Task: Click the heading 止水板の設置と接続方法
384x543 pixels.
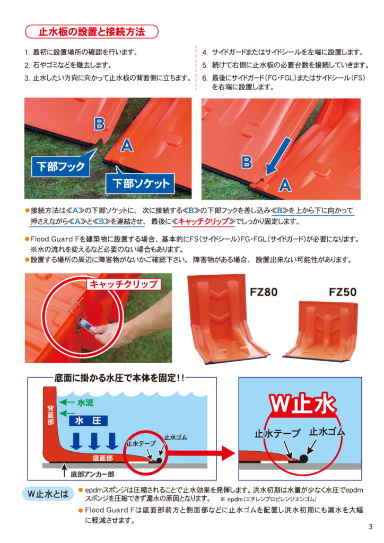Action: click(92, 32)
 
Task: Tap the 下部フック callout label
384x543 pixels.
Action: click(60, 167)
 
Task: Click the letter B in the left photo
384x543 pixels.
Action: click(100, 124)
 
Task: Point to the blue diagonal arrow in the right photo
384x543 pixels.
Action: click(278, 156)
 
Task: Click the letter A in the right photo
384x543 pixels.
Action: click(285, 185)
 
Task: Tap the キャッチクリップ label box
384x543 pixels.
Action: click(124, 284)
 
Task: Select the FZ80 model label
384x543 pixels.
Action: click(264, 292)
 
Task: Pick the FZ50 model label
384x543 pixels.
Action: click(343, 292)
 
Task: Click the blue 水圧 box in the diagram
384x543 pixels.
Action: click(88, 421)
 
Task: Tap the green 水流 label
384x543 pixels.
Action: click(85, 402)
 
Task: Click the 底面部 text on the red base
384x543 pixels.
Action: click(103, 458)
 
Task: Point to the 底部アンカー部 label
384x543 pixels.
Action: click(92, 474)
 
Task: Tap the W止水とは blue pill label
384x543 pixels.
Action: click(48, 494)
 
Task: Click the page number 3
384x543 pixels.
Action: click(371, 527)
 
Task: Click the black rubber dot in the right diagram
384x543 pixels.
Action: click(303, 459)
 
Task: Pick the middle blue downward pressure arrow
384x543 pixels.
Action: click(94, 441)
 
